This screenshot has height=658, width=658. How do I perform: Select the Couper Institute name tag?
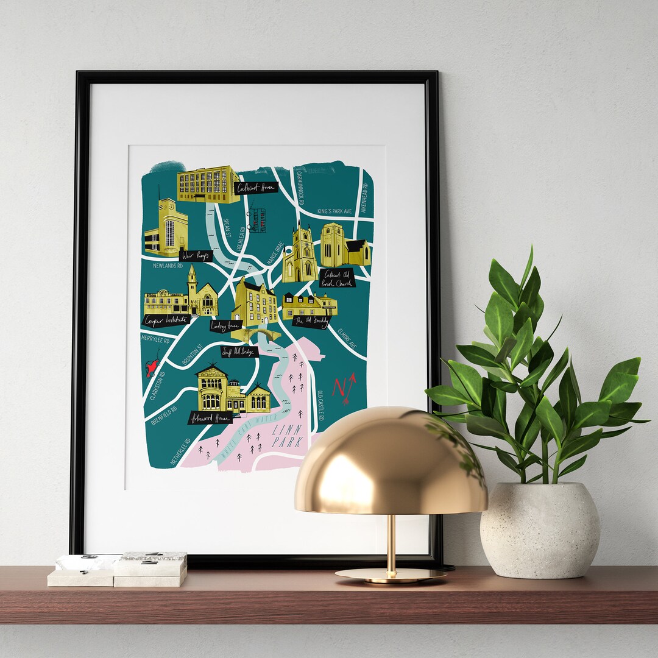coord(166,320)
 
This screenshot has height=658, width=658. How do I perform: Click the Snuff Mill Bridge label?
coord(239,352)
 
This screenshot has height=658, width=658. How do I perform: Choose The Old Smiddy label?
coord(311,321)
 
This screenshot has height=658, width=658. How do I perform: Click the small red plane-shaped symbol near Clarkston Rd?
coord(152,367)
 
